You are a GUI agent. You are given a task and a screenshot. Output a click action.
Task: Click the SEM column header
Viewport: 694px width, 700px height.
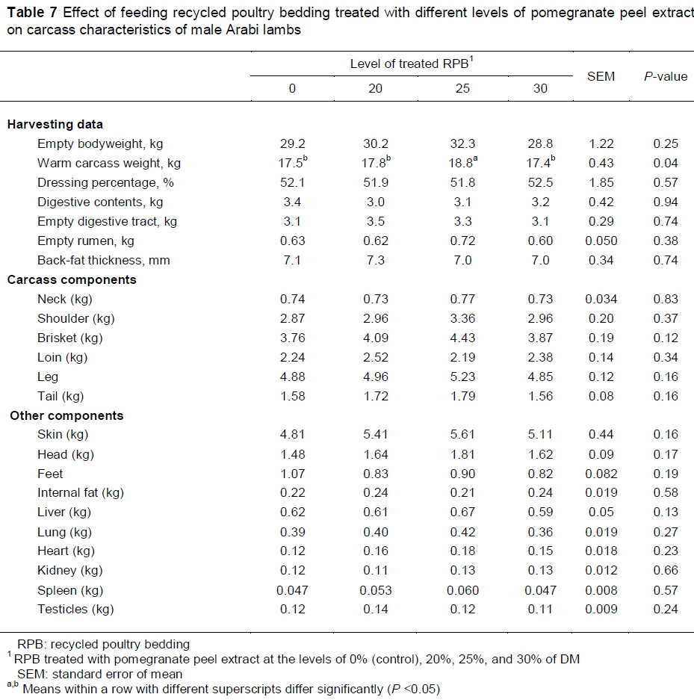601,76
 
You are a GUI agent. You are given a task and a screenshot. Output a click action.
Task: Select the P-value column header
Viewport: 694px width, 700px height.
665,76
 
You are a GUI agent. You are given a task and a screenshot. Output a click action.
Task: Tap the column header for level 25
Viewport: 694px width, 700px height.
462,88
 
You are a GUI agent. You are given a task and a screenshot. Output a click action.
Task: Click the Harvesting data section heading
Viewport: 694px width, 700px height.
55,124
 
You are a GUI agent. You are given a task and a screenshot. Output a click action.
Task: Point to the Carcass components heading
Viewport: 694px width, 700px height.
72,279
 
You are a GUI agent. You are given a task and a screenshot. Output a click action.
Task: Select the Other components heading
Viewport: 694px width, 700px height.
66,415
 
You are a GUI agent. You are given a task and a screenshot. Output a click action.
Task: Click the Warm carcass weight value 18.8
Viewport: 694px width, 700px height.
460,163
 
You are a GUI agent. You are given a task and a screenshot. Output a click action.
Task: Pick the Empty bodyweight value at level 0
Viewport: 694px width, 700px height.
292,143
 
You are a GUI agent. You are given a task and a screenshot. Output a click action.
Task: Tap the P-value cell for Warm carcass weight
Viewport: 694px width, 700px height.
665,163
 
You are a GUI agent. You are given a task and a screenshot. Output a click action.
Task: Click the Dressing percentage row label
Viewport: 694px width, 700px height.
105,182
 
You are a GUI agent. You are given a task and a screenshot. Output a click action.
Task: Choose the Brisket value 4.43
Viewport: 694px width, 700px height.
462,338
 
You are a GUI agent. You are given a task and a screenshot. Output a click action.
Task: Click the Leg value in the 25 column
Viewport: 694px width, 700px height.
462,377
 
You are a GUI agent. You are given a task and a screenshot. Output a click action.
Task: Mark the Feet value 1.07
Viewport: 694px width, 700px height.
292,474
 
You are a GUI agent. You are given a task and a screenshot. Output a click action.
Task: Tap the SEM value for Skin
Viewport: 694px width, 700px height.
601,435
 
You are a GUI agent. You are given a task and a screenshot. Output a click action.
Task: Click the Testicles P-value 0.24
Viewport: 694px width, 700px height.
665,610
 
